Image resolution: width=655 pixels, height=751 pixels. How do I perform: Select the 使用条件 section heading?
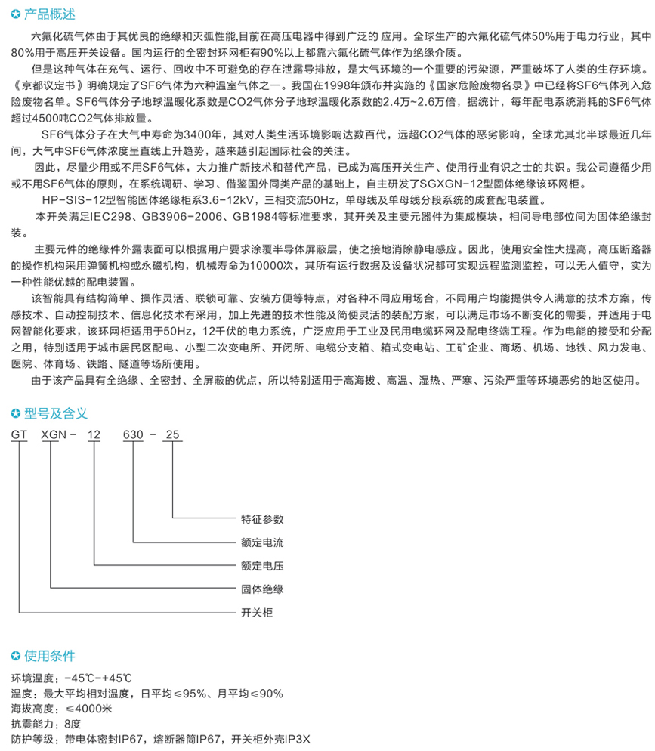(51, 655)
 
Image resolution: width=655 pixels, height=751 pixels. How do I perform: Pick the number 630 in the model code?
(134, 435)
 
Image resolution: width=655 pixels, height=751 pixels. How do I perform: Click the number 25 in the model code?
(173, 435)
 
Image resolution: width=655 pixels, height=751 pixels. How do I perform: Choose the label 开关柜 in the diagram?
(257, 611)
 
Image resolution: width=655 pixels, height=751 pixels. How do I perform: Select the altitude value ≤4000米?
(89, 708)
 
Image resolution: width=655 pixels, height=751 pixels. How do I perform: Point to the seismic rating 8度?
(73, 723)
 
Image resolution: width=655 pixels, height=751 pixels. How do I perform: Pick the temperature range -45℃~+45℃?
(98, 677)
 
